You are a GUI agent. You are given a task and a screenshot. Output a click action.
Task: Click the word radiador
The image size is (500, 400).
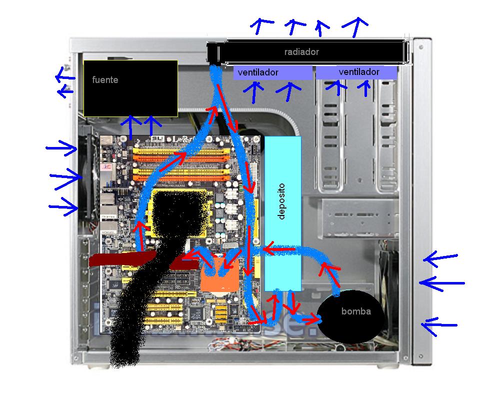tap(301, 52)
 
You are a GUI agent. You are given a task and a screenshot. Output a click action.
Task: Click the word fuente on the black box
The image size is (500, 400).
tap(105, 79)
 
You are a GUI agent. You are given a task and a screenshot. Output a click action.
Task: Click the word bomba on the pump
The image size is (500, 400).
tap(356, 311)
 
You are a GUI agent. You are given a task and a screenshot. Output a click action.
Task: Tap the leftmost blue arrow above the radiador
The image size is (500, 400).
tap(261, 25)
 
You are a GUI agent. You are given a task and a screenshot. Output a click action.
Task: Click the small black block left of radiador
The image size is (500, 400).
tap(212, 52)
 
